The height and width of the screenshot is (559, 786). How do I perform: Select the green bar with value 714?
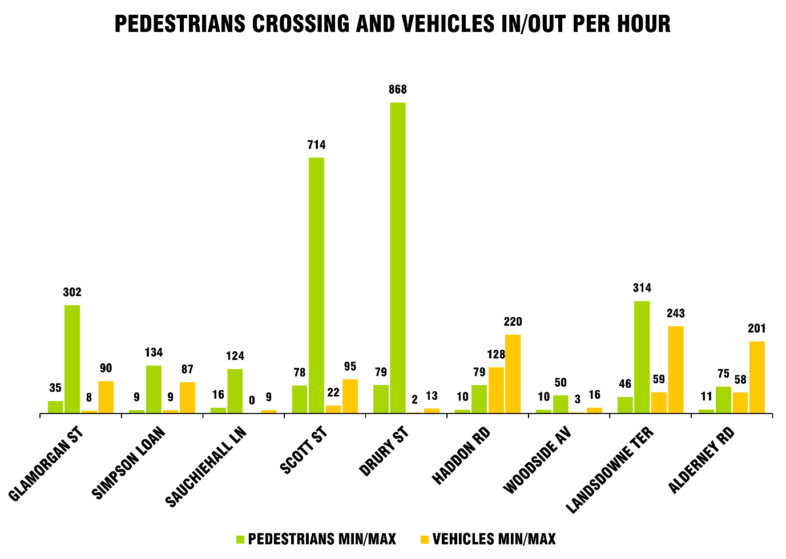(x=316, y=285)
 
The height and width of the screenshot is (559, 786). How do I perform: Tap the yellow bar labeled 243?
(x=676, y=370)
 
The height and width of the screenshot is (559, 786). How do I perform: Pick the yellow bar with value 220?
(x=513, y=374)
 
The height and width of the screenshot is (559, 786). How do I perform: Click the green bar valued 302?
(x=72, y=359)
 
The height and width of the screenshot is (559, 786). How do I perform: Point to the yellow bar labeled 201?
(x=757, y=377)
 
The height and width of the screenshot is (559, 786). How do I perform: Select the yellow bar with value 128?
(x=496, y=390)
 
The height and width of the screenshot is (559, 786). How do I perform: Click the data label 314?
(x=642, y=288)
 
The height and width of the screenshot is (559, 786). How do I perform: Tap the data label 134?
(x=154, y=353)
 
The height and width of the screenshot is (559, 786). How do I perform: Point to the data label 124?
(x=235, y=357)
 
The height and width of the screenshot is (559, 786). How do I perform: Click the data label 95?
(x=350, y=367)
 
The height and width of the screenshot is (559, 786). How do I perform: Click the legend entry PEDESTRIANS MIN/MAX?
(x=316, y=539)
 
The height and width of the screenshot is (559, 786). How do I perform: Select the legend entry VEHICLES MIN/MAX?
(x=488, y=539)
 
